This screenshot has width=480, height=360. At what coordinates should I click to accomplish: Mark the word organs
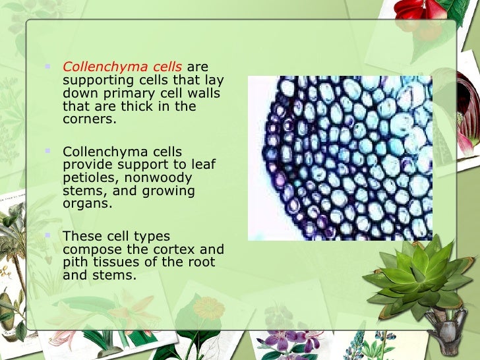coord(86,204)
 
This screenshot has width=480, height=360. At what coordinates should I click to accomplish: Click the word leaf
coord(203,164)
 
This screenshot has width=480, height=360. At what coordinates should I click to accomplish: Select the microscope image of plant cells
coord(340,158)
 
